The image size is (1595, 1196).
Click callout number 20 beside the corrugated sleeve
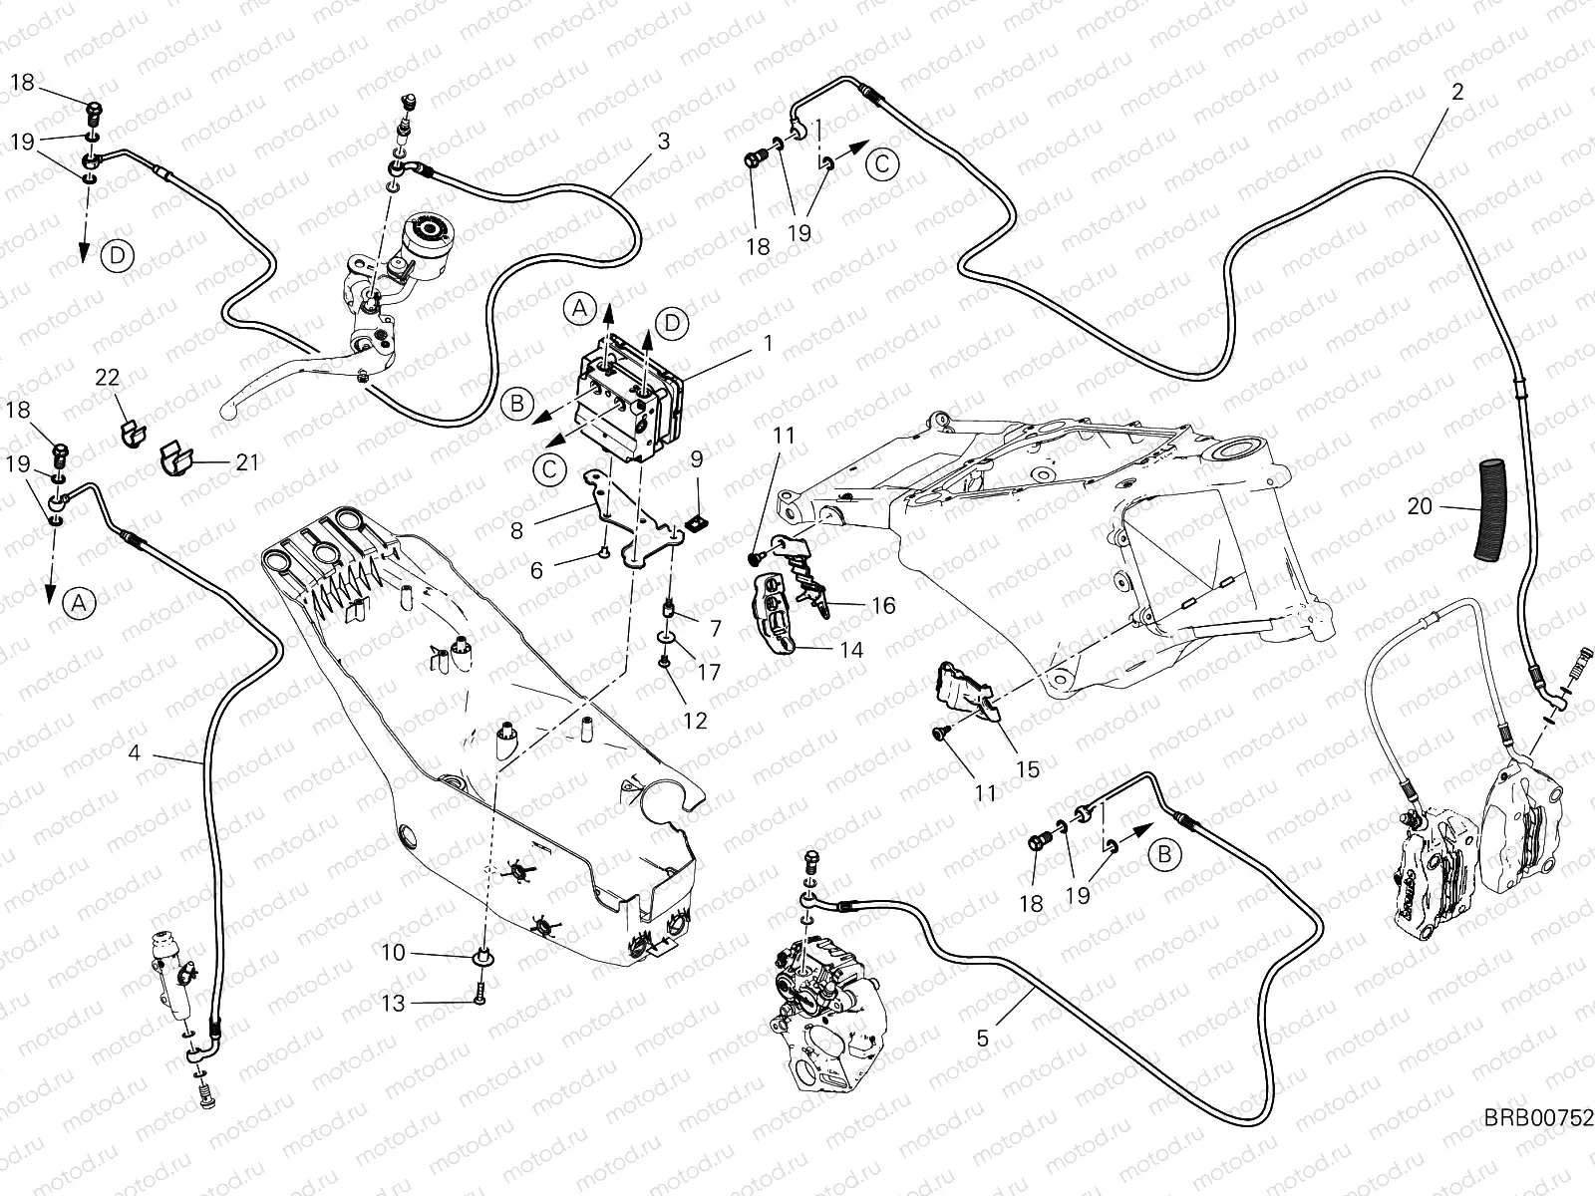[x=1420, y=506]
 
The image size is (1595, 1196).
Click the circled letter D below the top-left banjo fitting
[x=117, y=256]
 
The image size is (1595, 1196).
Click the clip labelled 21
[x=179, y=460]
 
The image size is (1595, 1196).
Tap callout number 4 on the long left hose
[x=135, y=753]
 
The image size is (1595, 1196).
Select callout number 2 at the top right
[x=1457, y=93]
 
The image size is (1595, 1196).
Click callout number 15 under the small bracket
[x=1027, y=768]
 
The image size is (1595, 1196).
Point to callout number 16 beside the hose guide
[x=883, y=605]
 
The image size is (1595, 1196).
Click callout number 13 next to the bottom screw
[x=394, y=1003]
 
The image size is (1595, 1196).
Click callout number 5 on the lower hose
[x=983, y=1038]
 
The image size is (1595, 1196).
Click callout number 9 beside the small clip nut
[x=696, y=458]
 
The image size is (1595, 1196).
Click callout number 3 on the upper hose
[x=664, y=141]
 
